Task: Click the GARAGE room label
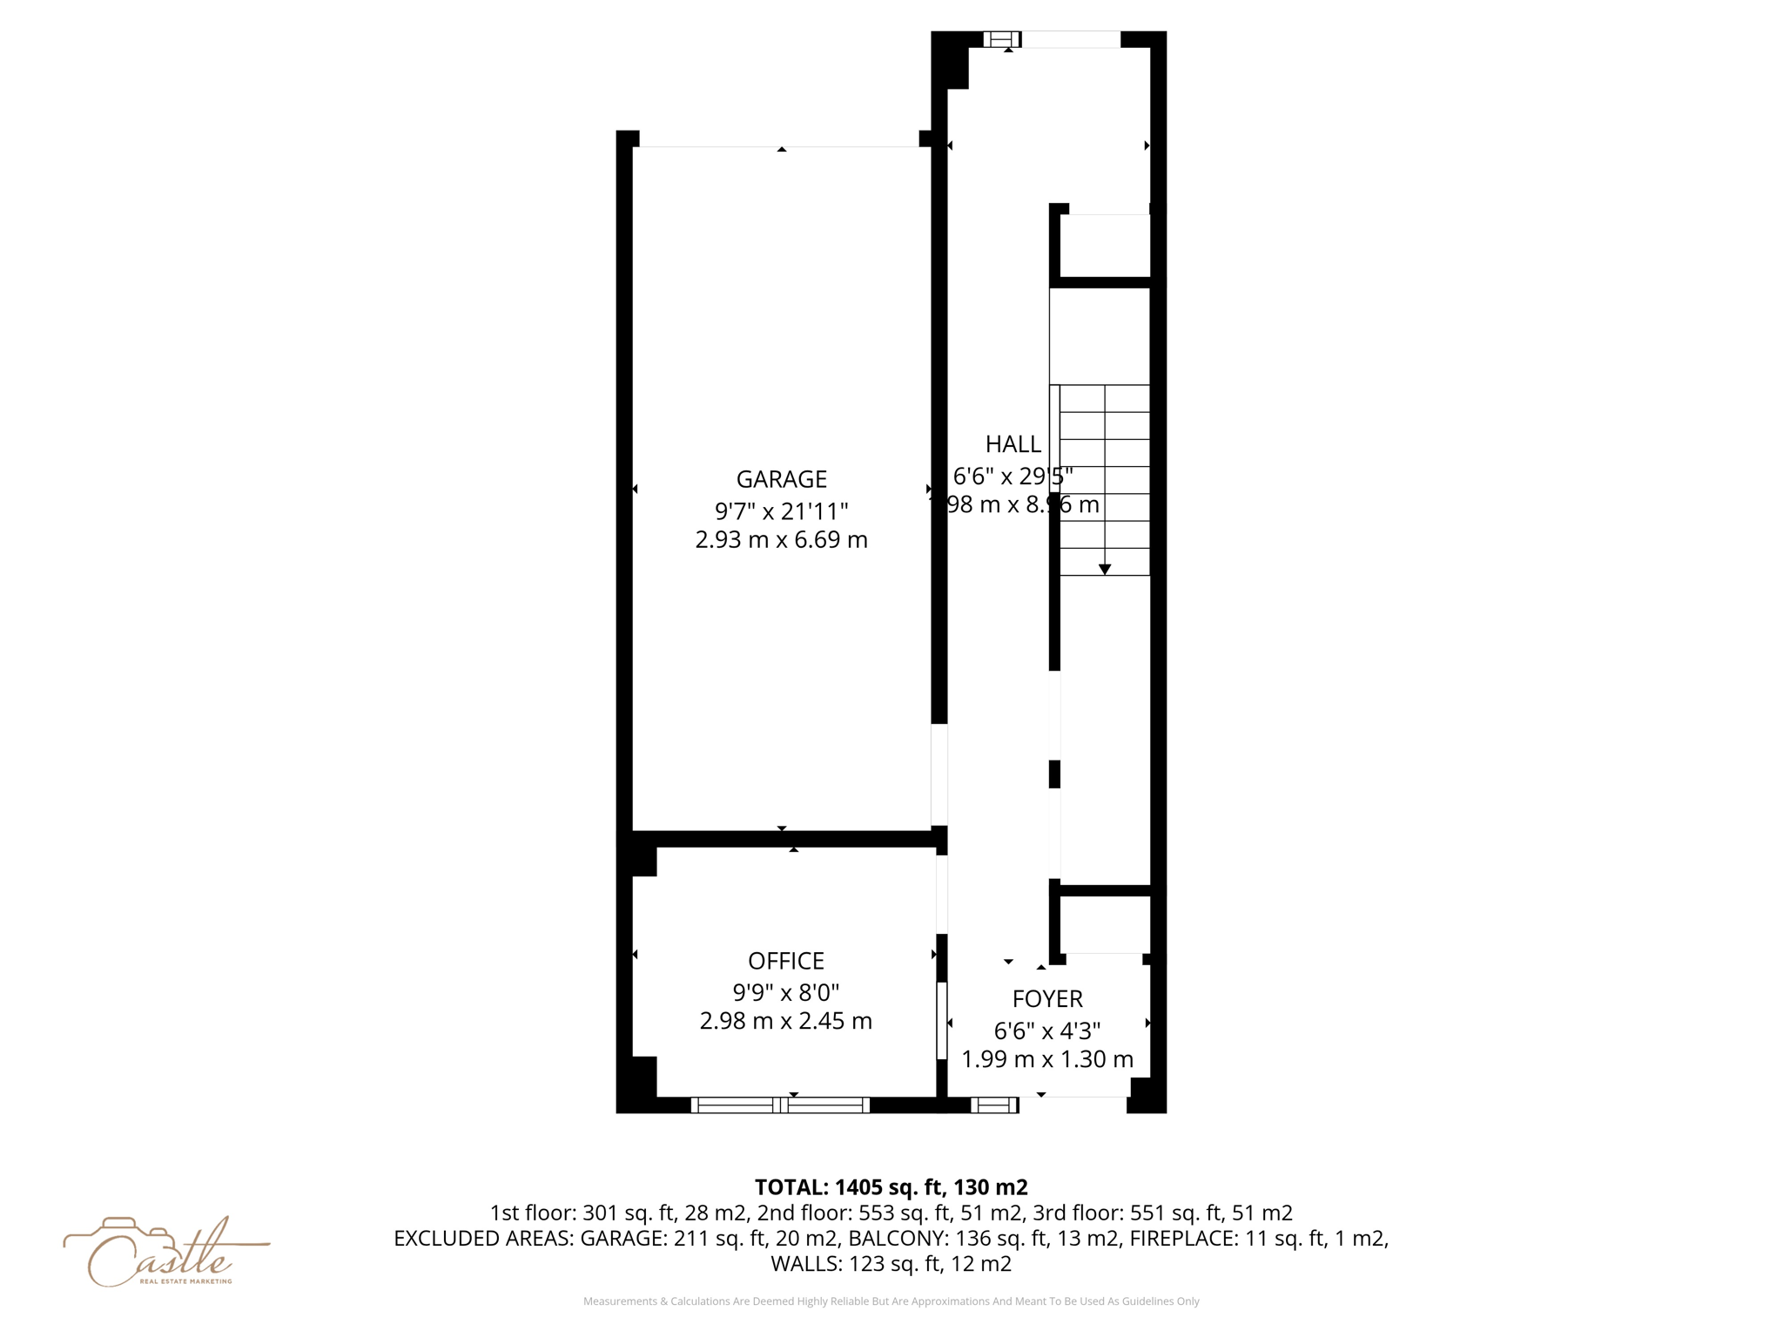click(781, 479)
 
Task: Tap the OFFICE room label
click(785, 961)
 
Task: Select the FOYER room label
click(1046, 998)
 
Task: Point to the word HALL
click(1013, 444)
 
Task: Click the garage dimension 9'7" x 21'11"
click(781, 510)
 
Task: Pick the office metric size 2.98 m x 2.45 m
click(785, 1021)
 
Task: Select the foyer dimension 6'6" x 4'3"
click(1046, 1031)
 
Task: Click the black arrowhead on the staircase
click(1104, 569)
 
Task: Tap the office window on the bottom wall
click(780, 1105)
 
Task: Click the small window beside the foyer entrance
click(994, 1105)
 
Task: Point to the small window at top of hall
click(1001, 39)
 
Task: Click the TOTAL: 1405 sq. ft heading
click(891, 1187)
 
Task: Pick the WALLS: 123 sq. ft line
click(891, 1264)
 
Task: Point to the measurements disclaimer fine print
click(891, 1301)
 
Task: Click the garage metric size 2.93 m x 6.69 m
click(781, 540)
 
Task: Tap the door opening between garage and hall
click(939, 775)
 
